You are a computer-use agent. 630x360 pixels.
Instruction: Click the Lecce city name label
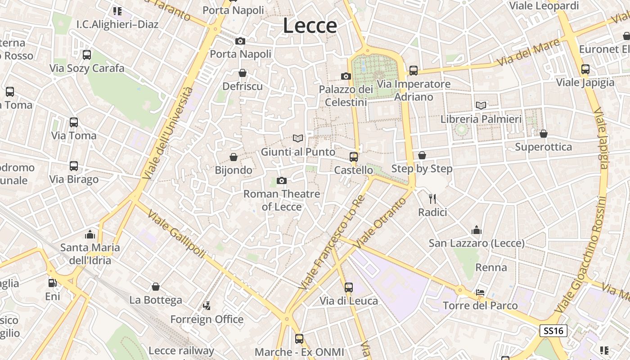(x=310, y=26)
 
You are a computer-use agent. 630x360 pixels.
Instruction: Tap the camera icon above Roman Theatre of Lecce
(x=282, y=181)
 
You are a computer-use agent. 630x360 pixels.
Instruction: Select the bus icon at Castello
(x=354, y=157)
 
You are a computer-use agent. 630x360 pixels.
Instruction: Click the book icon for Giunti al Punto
(x=298, y=139)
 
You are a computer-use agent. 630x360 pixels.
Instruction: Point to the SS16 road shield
(x=553, y=331)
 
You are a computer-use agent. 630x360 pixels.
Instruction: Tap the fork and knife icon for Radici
(x=432, y=198)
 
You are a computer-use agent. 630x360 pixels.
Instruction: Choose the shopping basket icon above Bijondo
(x=234, y=157)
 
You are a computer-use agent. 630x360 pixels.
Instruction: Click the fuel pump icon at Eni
(x=53, y=283)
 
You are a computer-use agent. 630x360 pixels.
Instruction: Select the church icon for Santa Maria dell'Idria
(x=90, y=234)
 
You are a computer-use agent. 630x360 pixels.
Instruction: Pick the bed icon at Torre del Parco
(x=480, y=292)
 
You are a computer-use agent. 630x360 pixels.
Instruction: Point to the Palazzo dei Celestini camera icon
(x=346, y=76)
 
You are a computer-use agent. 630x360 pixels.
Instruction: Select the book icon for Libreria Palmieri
(x=481, y=106)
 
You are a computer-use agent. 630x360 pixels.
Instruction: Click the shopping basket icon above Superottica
(x=544, y=134)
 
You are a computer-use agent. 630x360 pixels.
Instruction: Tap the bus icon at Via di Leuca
(x=349, y=287)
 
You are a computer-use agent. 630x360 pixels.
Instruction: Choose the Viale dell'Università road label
(x=167, y=133)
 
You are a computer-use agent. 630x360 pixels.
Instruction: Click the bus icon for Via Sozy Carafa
(x=87, y=55)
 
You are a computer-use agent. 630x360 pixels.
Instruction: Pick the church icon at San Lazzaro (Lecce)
(x=477, y=230)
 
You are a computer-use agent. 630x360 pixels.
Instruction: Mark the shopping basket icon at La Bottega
(x=156, y=287)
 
